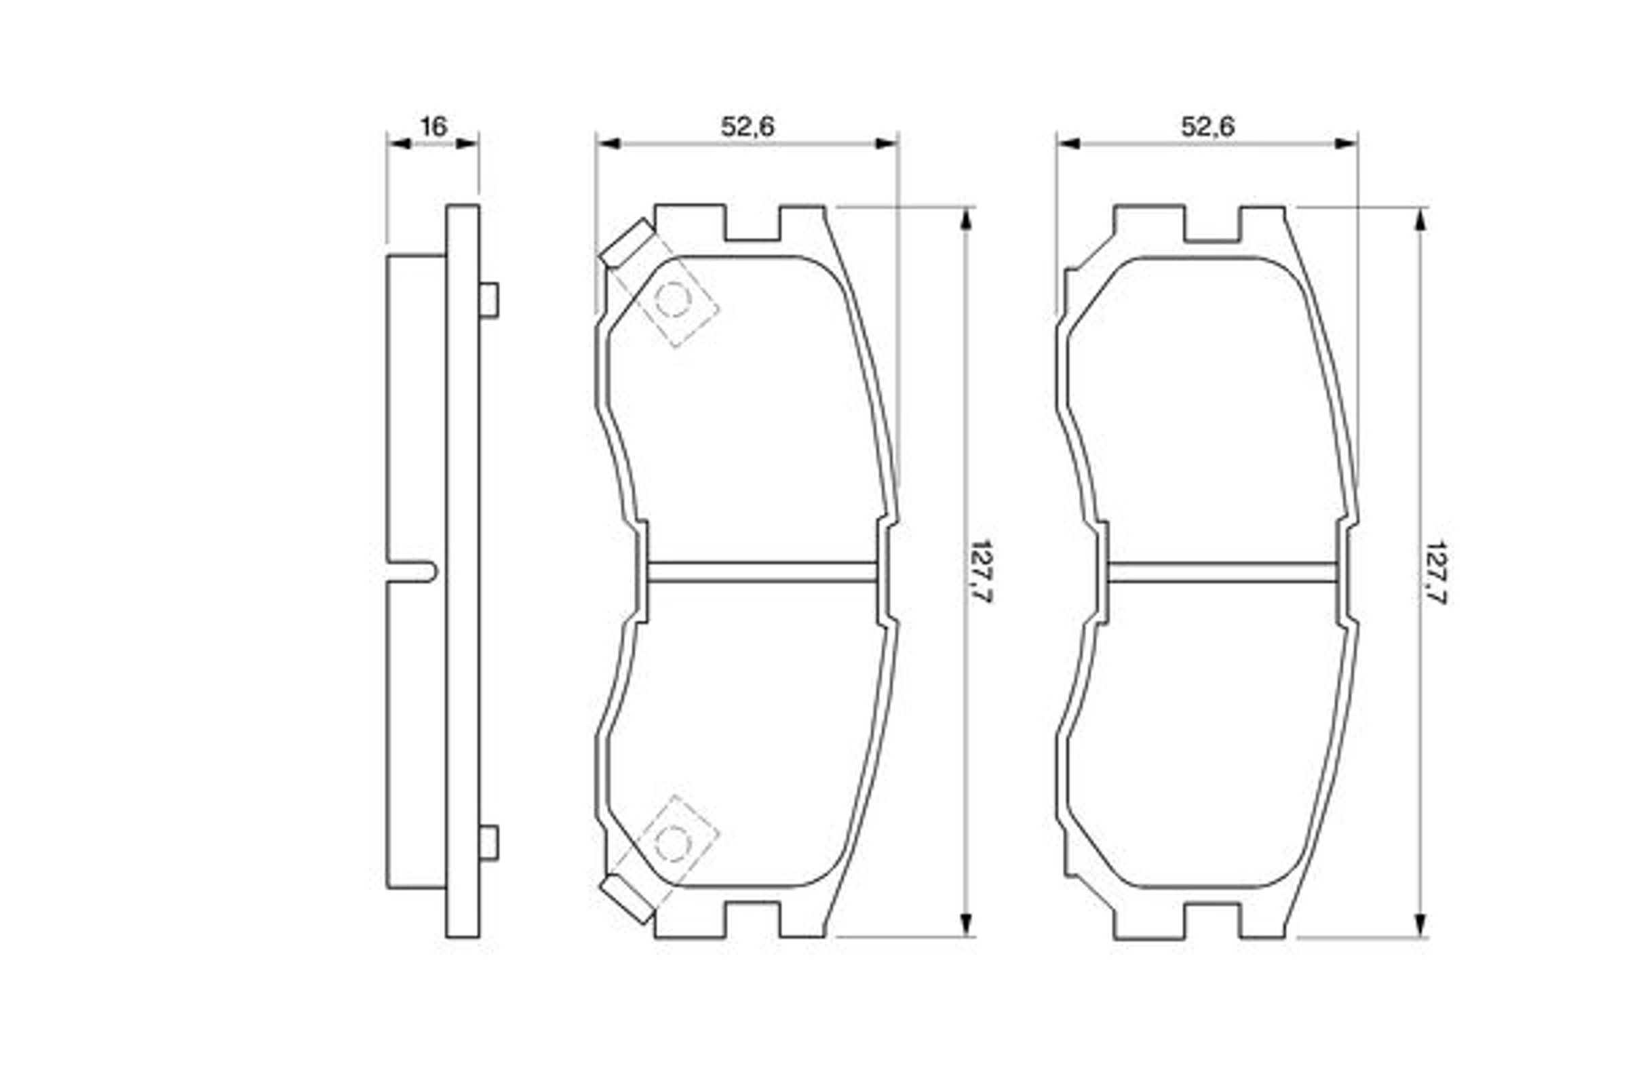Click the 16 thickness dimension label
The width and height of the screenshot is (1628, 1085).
[434, 127]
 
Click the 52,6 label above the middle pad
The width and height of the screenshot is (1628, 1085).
[748, 127]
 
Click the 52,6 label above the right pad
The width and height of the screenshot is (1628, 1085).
[1207, 127]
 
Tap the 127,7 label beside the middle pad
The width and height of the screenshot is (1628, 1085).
[981, 572]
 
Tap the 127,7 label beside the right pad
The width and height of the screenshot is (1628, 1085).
[1435, 573]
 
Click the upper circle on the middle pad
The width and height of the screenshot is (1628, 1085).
[672, 300]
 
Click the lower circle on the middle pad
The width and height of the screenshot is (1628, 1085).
[672, 843]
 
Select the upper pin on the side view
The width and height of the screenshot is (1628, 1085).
[488, 300]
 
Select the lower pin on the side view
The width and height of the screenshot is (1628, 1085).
[488, 843]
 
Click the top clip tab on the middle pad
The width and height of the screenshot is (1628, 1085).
[626, 242]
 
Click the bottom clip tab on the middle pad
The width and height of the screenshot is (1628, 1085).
[626, 900]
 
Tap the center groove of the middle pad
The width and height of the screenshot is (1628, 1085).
[761, 572]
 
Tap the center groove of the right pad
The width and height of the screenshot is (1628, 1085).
[1222, 572]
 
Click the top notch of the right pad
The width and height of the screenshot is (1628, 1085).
[1212, 225]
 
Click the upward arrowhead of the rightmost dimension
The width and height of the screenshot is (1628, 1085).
[1420, 220]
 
